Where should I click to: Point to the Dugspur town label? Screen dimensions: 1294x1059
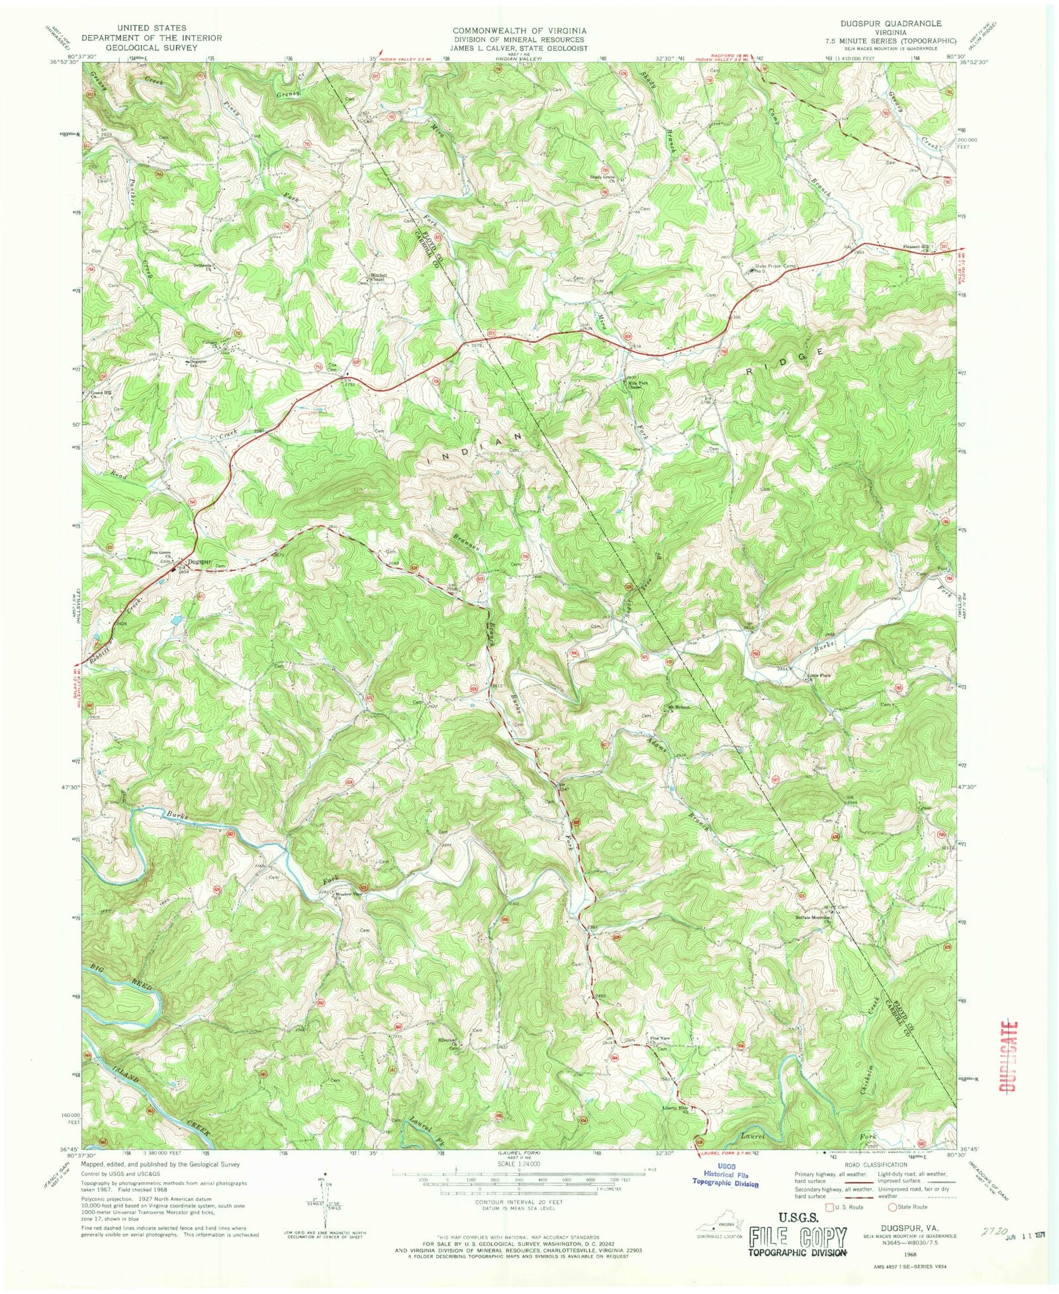point(199,562)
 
